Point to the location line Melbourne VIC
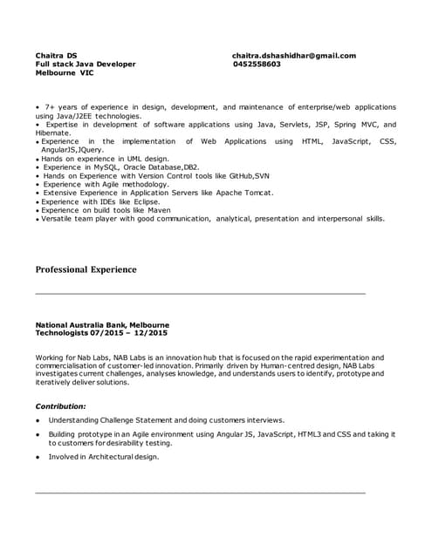(64, 73)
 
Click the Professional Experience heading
(86, 269)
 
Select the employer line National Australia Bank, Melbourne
(102, 325)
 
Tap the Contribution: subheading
(60, 405)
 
